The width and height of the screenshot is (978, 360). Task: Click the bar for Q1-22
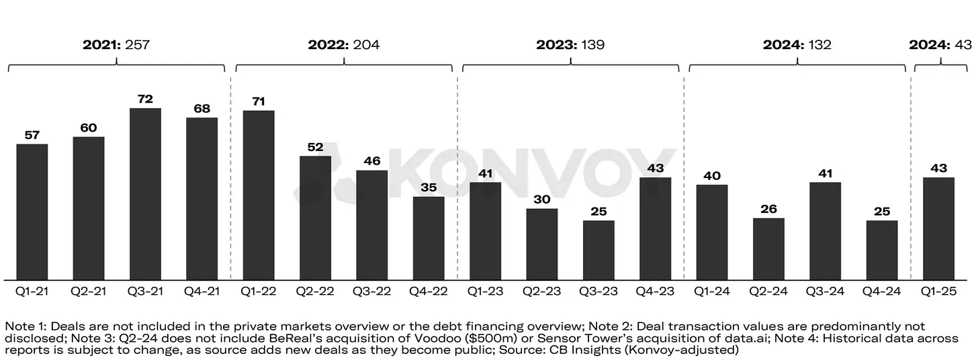click(259, 195)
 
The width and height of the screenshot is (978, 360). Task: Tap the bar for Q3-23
click(598, 250)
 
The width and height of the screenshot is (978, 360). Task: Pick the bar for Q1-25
click(938, 228)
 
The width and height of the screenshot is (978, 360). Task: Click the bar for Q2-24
click(768, 249)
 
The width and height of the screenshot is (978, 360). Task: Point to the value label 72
click(145, 99)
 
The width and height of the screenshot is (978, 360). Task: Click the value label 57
click(32, 135)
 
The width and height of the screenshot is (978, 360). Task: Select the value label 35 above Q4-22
click(429, 187)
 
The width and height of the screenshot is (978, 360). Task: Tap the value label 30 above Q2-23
click(541, 199)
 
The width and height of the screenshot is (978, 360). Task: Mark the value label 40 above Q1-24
click(712, 176)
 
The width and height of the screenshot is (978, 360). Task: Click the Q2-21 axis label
click(88, 292)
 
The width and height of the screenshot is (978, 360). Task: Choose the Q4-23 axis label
click(655, 292)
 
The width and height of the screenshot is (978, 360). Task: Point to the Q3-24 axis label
click(825, 292)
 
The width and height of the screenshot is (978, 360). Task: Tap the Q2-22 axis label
click(315, 292)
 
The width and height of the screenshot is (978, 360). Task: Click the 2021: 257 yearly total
click(116, 45)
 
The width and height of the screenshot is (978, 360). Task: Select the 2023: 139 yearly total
click(570, 45)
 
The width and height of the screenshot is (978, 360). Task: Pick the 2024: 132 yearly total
click(797, 45)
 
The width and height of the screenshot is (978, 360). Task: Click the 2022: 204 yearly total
click(343, 45)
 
